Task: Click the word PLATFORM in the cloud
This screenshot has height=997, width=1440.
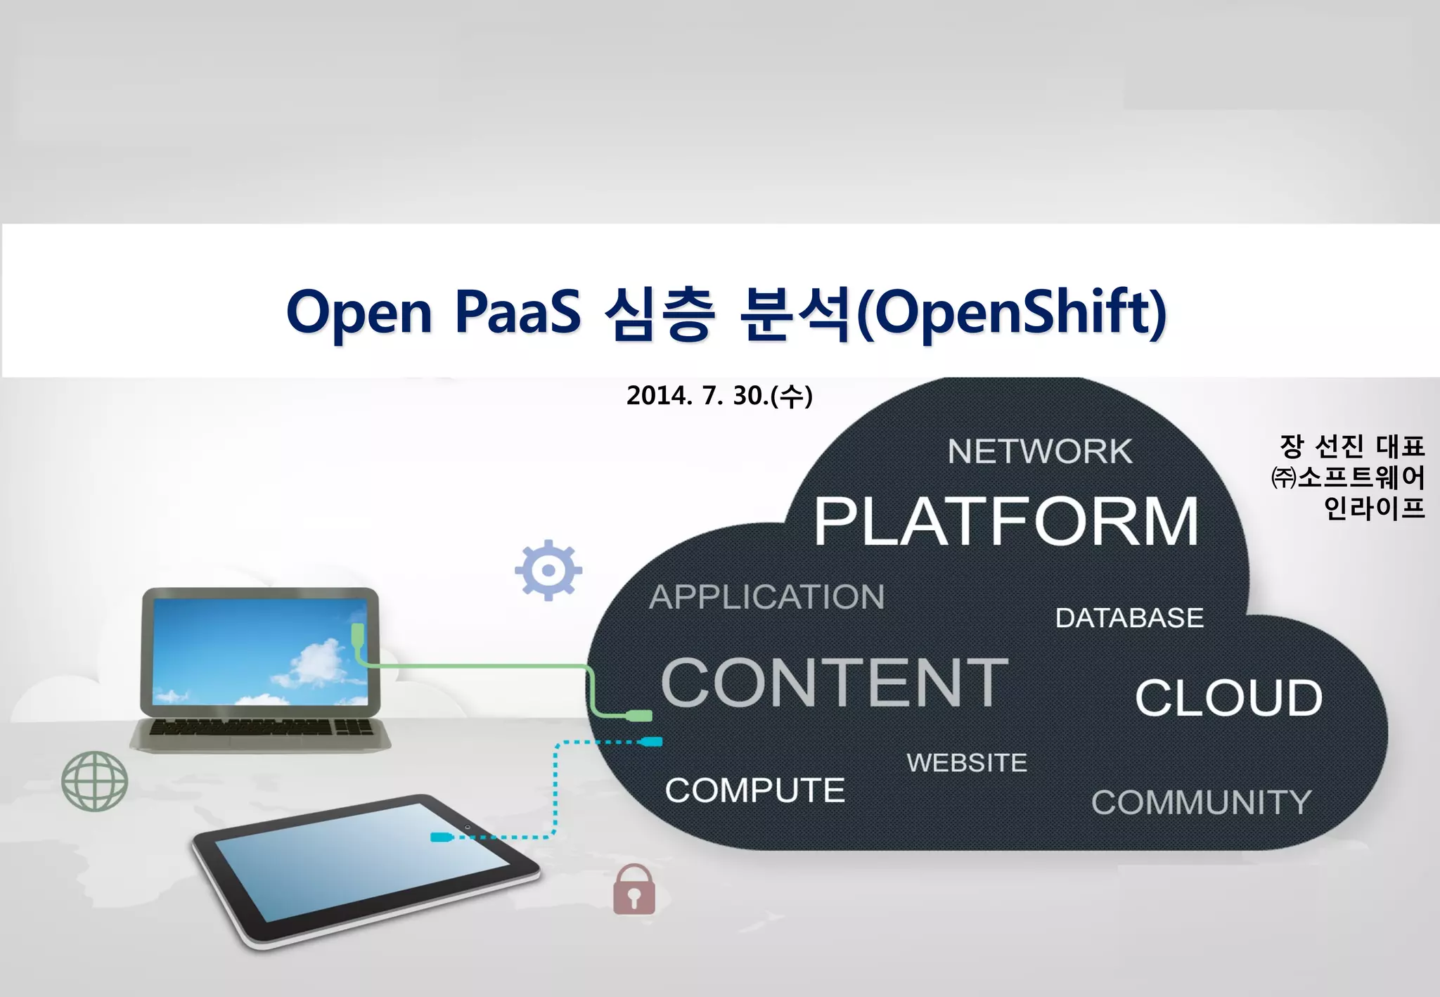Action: [1006, 521]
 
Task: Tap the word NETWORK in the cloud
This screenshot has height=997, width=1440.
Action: [1040, 451]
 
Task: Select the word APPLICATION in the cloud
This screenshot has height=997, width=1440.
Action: [766, 597]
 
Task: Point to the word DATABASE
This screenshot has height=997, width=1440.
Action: [1129, 618]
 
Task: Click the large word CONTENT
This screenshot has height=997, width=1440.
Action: [835, 683]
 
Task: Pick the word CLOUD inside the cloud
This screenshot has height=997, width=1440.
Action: [1228, 698]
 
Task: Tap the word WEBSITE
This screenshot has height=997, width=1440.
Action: [967, 763]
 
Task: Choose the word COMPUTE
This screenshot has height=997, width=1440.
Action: [754, 790]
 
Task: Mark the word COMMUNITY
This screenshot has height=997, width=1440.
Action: [1201, 802]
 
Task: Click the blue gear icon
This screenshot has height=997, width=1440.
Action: [548, 570]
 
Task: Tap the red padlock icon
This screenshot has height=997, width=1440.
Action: [634, 890]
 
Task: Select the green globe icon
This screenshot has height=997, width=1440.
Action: [94, 780]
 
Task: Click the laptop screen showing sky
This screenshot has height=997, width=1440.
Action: [260, 650]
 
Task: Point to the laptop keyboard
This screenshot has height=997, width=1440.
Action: [260, 727]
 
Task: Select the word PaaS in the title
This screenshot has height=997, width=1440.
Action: [517, 311]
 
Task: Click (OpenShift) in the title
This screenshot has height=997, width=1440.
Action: [1012, 313]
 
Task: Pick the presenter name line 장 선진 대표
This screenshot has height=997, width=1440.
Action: [1351, 446]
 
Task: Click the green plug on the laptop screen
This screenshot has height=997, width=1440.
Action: [358, 634]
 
